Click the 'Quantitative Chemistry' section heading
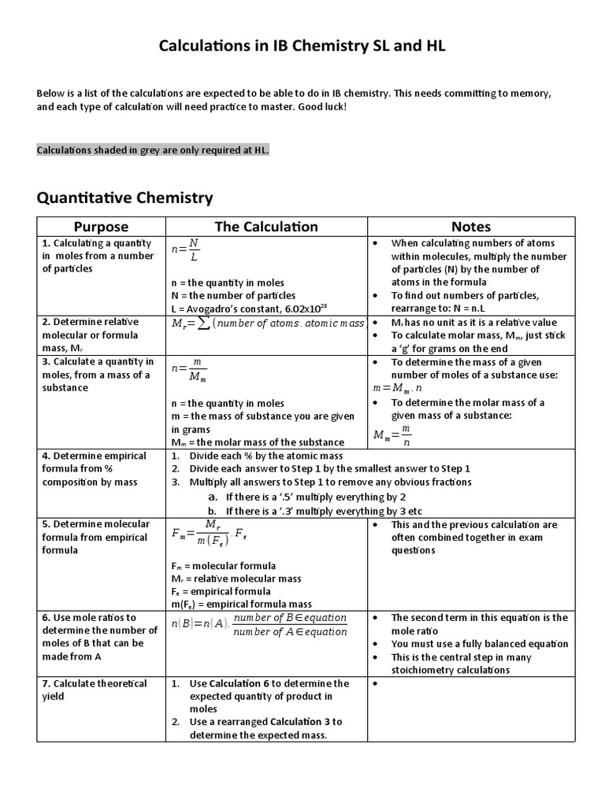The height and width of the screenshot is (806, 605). tap(124, 197)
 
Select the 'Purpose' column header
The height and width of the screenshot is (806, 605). tap(101, 227)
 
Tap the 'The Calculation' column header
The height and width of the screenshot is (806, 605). tap(266, 227)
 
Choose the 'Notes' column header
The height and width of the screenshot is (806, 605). tap(471, 227)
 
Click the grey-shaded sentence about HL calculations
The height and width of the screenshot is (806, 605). tap(153, 150)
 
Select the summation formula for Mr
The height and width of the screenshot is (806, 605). tap(268, 324)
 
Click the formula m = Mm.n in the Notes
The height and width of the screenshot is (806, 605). tap(398, 388)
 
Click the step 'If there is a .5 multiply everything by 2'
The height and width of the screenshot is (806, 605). tap(315, 497)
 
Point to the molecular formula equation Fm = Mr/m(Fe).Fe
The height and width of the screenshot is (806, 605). tap(211, 534)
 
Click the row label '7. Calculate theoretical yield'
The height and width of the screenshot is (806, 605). tap(95, 690)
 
